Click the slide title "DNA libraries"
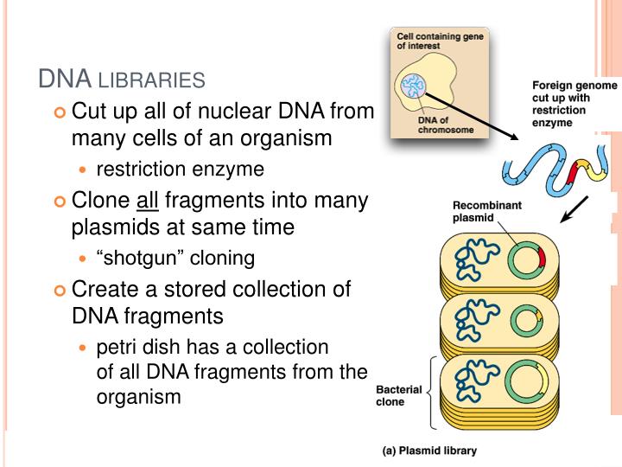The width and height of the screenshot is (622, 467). [x=122, y=80]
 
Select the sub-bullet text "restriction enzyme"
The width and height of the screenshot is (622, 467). [x=168, y=169]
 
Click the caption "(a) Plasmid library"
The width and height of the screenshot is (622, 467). [x=429, y=451]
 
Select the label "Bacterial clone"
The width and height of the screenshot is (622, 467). [x=399, y=396]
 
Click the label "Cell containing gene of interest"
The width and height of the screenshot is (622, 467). [x=440, y=42]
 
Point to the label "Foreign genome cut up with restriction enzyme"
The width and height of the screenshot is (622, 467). [x=574, y=104]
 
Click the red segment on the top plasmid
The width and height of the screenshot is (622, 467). [x=542, y=257]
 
